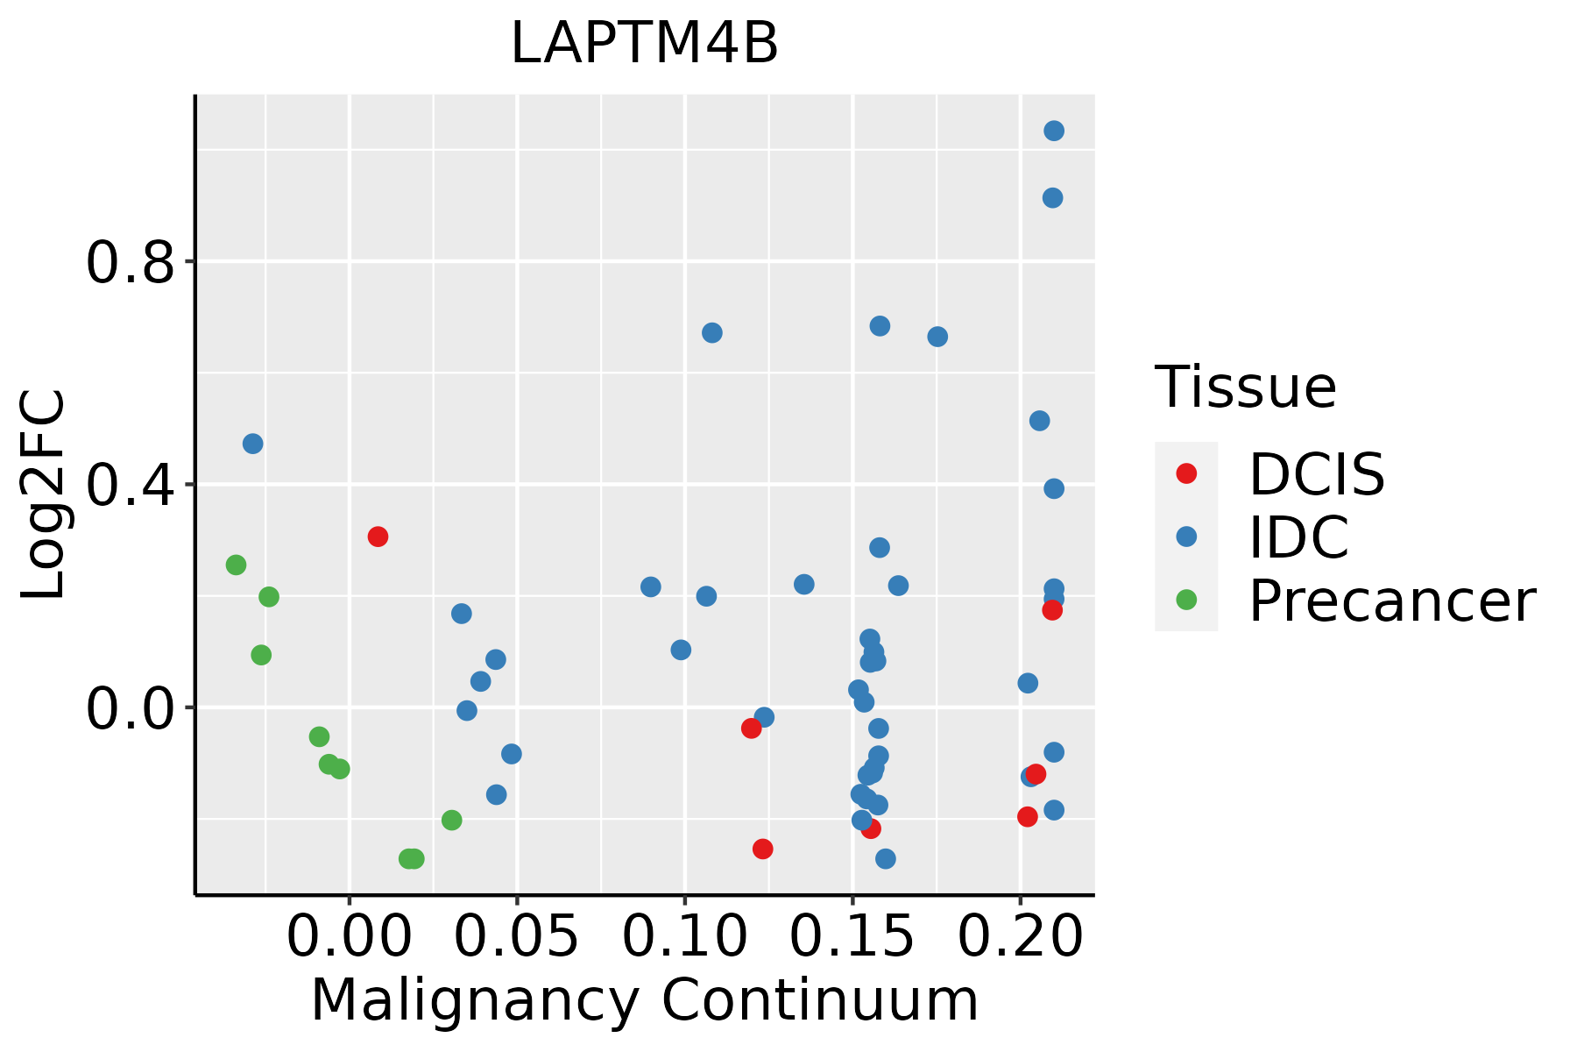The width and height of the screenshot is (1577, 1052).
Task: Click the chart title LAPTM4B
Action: pos(644,44)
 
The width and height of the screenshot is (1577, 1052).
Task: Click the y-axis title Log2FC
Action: pos(44,494)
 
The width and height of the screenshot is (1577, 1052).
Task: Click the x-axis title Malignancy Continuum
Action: pos(644,1001)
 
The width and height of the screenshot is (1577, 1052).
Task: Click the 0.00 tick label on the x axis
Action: pos(350,937)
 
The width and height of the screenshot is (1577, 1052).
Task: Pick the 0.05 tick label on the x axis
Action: pos(517,937)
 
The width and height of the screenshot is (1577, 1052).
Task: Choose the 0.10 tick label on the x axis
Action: pos(685,937)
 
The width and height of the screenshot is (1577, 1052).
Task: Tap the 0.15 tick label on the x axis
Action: pos(852,937)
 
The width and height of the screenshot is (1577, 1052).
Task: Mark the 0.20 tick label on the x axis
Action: pos(1021,937)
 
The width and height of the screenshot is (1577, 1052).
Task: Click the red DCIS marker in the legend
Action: pos(1186,473)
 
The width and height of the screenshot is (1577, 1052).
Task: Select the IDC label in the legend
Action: pos(1298,537)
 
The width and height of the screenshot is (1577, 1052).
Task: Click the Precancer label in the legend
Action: pos(1391,601)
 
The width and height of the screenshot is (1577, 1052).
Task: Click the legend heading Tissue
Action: pos(1245,387)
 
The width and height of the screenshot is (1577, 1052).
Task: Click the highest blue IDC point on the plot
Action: pos(1054,131)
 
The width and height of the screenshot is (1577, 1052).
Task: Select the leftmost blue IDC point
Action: pos(252,444)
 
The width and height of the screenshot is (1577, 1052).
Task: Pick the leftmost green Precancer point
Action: pos(236,565)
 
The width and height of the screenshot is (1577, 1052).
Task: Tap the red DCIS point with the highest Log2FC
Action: pos(378,537)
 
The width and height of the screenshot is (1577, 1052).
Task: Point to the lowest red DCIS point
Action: pos(762,849)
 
